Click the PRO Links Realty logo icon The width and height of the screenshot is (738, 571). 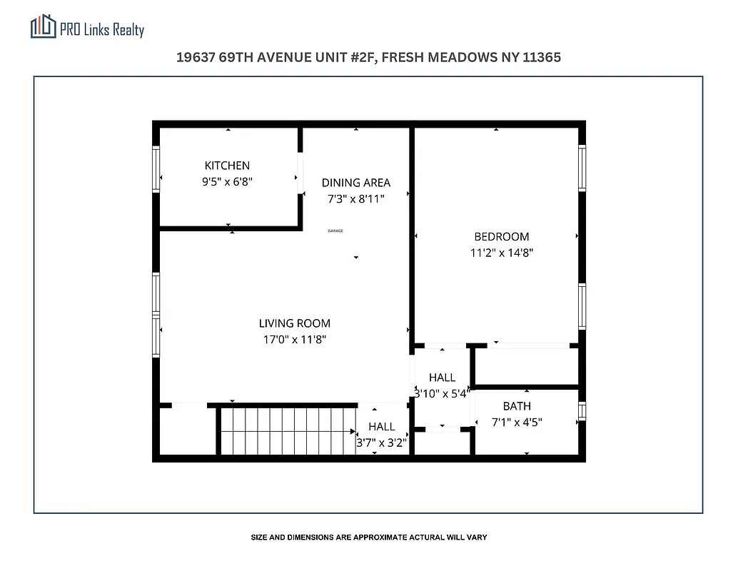coord(44,27)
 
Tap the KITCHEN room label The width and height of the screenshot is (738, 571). coord(227,166)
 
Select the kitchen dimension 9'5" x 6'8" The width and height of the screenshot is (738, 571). coord(227,182)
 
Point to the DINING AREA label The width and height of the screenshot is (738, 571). coord(355,183)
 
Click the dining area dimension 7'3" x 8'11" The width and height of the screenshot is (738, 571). coord(355,199)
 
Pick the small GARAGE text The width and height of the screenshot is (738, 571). coord(335,231)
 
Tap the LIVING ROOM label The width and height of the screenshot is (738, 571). coord(295,323)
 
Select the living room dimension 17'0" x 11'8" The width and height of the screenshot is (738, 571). coord(295,340)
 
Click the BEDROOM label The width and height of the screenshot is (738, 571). coord(502,237)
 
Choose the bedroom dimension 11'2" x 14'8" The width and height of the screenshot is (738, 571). coord(502,253)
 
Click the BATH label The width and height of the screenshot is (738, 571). coord(517,406)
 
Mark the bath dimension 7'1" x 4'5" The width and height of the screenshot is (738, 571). coord(517,422)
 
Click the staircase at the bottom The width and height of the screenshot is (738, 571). coord(288,430)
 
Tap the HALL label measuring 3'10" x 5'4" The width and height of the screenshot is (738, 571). coord(442,378)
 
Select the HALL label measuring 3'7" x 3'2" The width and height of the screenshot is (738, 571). coord(382,427)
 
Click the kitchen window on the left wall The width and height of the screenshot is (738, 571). coord(156,169)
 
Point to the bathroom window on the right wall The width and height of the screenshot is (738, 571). coord(582,410)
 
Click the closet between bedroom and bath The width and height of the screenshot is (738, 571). coord(526,366)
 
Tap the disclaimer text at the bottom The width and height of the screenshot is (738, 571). coord(368,537)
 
